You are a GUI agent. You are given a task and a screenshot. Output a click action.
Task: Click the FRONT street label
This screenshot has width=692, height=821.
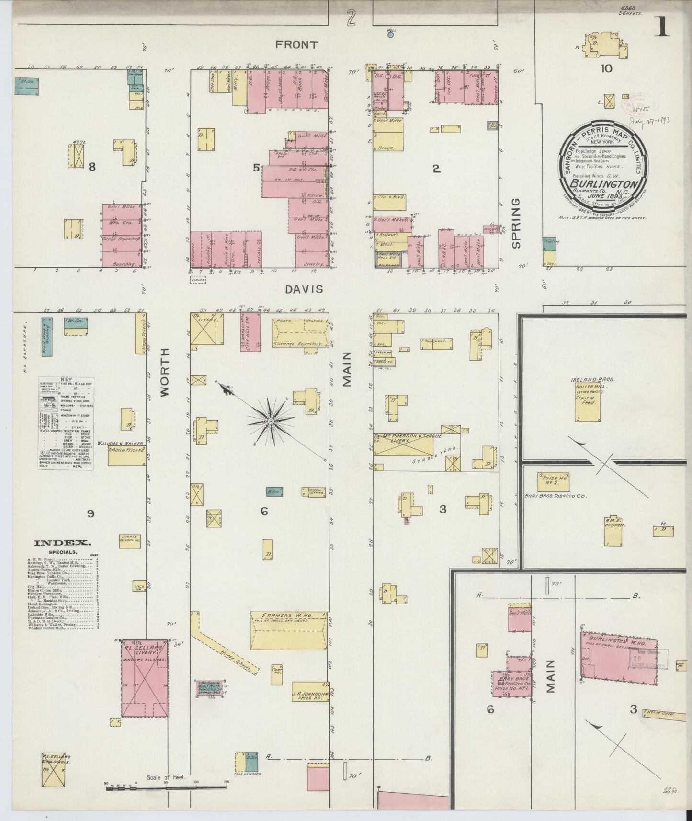296,45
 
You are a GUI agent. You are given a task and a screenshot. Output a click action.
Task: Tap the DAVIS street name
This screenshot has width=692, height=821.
305,289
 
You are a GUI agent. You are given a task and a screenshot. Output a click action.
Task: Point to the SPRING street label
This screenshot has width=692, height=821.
515,224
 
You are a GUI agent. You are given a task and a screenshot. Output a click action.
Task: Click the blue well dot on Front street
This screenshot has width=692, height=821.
391,34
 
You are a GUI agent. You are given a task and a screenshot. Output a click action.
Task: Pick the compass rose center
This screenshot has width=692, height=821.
270,421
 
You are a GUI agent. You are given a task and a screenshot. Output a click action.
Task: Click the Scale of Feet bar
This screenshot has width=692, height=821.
165,785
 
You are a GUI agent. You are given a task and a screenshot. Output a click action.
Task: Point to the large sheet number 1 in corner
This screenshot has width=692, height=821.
663,29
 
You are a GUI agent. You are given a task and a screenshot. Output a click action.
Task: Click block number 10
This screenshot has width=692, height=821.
606,68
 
